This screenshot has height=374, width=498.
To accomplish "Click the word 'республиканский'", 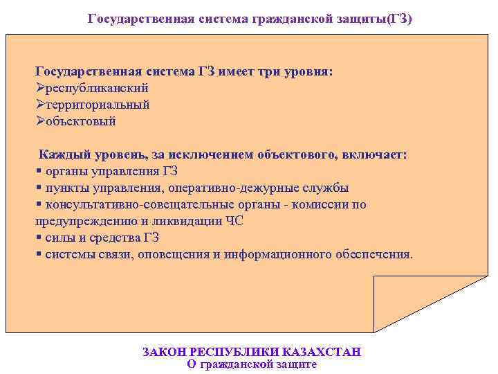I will [x=98, y=89].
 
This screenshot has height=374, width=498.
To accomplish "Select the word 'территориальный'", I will [x=98, y=105].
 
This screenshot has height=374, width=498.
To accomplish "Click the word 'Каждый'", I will [x=63, y=154].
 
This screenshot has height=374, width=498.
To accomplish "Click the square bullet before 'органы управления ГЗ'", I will [x=38, y=171].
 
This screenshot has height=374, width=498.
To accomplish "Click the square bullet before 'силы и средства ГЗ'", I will [x=38, y=238].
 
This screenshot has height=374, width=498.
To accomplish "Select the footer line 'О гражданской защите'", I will [x=252, y=364].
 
